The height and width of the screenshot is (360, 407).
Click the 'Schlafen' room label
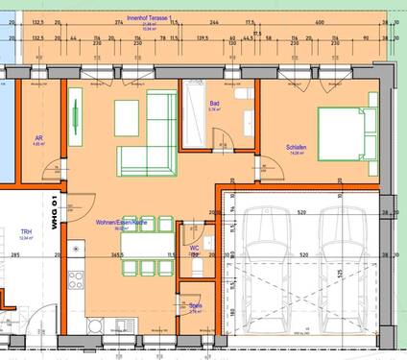click(x=296, y=147)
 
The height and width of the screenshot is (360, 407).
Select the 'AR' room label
click(x=39, y=138)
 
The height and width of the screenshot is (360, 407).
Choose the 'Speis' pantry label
click(x=195, y=306)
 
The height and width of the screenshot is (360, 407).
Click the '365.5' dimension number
click(x=116, y=255)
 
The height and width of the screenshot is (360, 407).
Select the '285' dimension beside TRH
click(x=16, y=255)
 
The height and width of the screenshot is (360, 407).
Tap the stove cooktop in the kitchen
click(x=77, y=287)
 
